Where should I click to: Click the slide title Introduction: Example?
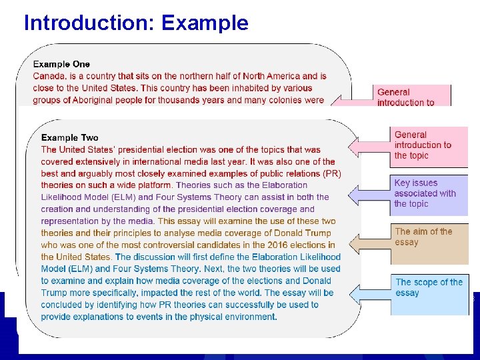[x=135, y=23]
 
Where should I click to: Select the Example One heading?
[x=61, y=64]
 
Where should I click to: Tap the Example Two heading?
[x=69, y=137]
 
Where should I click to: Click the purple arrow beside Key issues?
[x=369, y=193]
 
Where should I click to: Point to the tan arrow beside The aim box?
[x=369, y=244]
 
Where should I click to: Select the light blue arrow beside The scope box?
[x=369, y=293]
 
